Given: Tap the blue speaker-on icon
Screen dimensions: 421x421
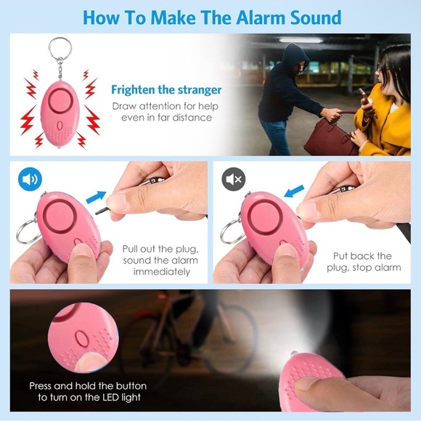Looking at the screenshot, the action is [x=30, y=179].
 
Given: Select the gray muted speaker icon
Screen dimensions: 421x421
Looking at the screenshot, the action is [x=233, y=179].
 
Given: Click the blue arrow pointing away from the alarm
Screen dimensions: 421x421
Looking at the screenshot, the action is [x=96, y=197].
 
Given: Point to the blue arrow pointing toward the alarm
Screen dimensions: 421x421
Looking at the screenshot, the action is [x=294, y=191].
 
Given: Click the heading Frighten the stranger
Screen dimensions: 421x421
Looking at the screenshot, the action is [x=166, y=90].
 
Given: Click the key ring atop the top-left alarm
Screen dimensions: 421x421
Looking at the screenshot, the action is [x=60, y=48].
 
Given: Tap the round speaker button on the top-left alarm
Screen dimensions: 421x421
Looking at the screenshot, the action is [x=60, y=101].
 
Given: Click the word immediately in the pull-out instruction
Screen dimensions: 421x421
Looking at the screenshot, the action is [x=162, y=272].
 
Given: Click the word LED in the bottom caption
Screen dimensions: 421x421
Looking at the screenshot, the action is [x=110, y=397].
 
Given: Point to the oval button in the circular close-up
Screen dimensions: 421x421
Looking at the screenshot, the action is [x=81, y=338].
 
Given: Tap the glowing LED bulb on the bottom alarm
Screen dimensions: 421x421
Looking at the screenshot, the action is [x=294, y=353].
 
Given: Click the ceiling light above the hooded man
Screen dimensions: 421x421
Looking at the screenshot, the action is [x=301, y=40].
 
